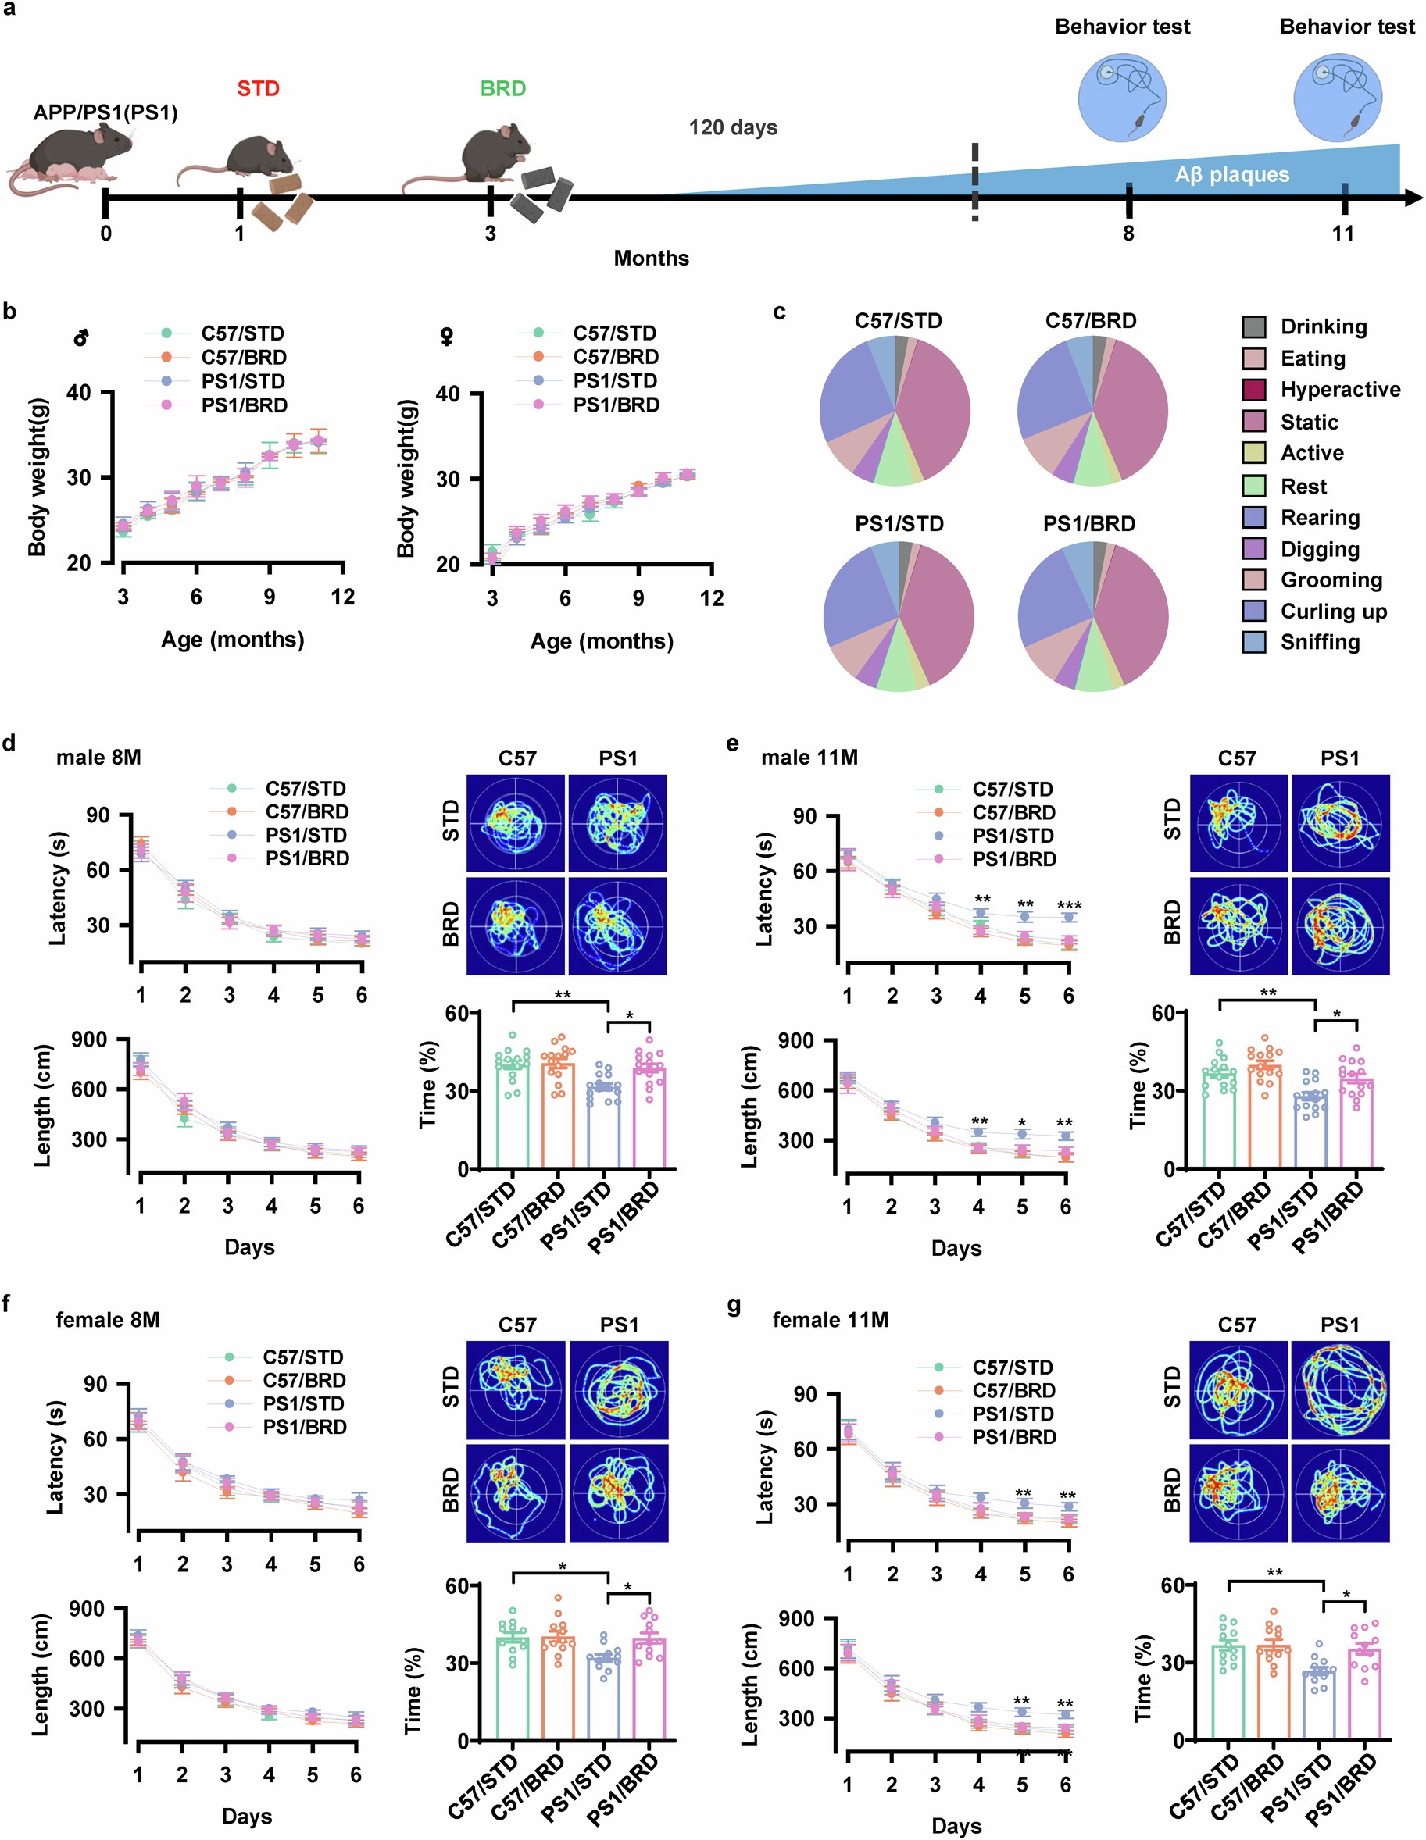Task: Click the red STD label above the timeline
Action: [258, 88]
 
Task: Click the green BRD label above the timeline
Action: [502, 88]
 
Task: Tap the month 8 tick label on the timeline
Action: [1128, 234]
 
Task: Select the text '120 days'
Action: [732, 128]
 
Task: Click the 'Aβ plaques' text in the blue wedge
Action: [1231, 175]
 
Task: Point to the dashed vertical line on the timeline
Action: [975, 181]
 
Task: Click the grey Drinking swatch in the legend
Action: [1254, 327]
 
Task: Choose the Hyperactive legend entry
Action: [1340, 389]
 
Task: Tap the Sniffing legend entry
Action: [1320, 642]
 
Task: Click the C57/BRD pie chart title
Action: [1091, 321]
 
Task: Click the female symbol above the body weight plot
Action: [448, 338]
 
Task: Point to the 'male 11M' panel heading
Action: [809, 758]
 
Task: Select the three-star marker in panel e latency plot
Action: [1069, 907]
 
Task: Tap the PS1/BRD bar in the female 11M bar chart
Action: [1365, 1693]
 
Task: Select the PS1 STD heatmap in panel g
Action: [1340, 1390]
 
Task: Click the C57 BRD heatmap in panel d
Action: [516, 927]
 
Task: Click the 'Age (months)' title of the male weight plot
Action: [233, 640]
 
